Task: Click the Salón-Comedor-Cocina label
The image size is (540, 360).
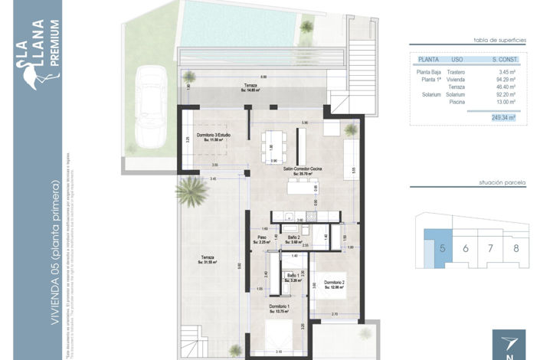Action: tap(302, 171)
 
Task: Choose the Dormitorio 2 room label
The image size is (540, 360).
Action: tap(334, 285)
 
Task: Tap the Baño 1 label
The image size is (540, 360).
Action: tap(293, 278)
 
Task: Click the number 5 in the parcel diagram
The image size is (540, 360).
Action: tap(443, 247)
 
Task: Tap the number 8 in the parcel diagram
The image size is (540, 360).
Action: tap(516, 247)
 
